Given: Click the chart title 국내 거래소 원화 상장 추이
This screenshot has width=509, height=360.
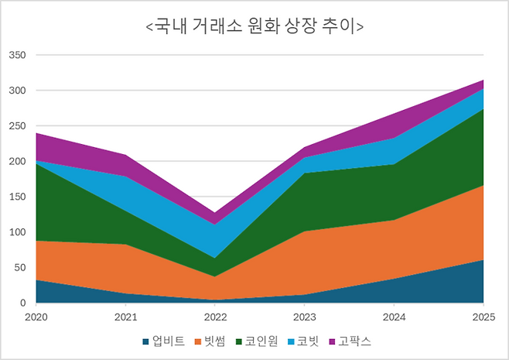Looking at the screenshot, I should (254, 27).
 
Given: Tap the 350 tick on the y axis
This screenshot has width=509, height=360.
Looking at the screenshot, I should (16, 56).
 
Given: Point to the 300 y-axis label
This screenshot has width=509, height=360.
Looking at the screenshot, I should (16, 91).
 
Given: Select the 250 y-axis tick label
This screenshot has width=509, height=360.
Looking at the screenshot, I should (16, 126).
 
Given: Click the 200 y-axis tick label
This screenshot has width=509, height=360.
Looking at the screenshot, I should (16, 162).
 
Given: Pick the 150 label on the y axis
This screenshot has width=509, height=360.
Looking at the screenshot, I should (16, 197).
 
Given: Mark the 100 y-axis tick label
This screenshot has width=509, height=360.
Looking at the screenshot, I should (16, 232).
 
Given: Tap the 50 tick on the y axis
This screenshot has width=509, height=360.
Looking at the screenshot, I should (19, 268).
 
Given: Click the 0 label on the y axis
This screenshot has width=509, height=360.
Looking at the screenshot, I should (22, 303).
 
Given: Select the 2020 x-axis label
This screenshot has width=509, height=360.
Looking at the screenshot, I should (36, 317).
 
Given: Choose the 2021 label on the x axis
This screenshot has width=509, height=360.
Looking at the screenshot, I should (125, 317).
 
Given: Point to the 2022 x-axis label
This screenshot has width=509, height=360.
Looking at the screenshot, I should (215, 317).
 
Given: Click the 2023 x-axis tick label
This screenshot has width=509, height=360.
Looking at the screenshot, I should (305, 317).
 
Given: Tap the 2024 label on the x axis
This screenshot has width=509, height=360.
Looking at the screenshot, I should (395, 317).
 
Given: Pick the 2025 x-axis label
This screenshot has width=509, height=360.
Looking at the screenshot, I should (483, 317).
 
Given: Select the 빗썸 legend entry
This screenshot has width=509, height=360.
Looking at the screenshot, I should (214, 341).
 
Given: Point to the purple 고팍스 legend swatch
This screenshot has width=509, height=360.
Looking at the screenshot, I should (333, 341).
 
